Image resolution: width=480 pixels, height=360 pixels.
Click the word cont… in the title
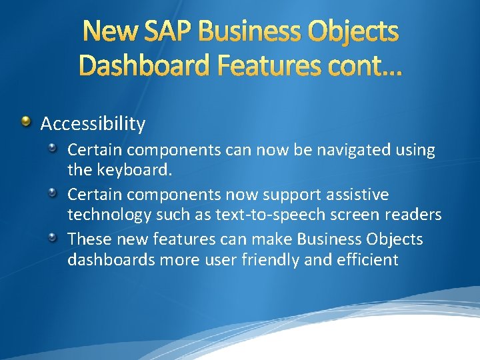[x=361, y=65]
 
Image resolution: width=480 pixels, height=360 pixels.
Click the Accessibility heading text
[x=93, y=123]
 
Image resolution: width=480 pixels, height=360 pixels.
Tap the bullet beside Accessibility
[x=25, y=121]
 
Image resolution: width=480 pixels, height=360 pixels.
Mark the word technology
[x=109, y=215]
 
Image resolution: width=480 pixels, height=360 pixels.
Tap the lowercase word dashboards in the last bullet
[x=111, y=259]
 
